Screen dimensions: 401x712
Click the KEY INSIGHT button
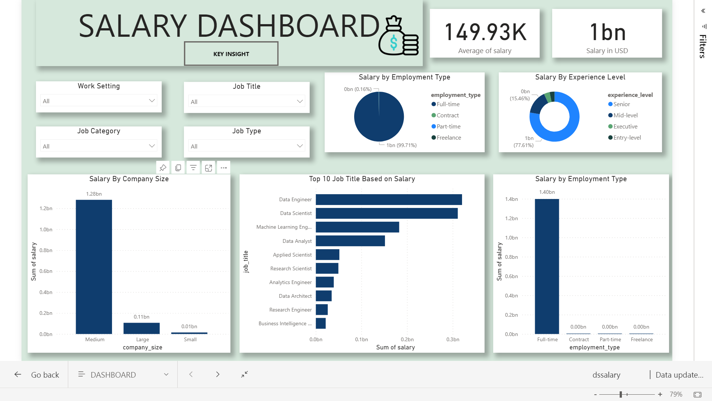pos(231,54)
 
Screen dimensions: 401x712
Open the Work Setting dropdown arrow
pos(152,101)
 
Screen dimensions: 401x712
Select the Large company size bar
pos(142,328)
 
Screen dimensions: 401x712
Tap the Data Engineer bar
pos(389,199)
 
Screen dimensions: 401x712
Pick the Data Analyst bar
pos(350,241)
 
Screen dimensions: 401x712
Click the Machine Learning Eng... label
pos(284,227)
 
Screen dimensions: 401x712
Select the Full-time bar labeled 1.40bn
pos(547,266)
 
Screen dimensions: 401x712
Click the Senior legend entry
pos(621,104)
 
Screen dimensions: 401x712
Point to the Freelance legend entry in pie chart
pos(448,138)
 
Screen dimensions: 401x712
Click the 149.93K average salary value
pos(485,32)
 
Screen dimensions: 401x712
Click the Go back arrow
pos(18,374)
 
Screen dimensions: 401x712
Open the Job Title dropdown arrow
pos(300,101)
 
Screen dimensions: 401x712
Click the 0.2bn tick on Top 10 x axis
pos(407,339)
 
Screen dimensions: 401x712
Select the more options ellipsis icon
pos(224,168)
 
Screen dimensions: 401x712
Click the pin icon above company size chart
pos(163,168)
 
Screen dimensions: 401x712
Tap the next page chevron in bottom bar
pos(218,374)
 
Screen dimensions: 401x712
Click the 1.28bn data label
pos(94,194)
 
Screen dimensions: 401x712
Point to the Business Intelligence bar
pos(321,323)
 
